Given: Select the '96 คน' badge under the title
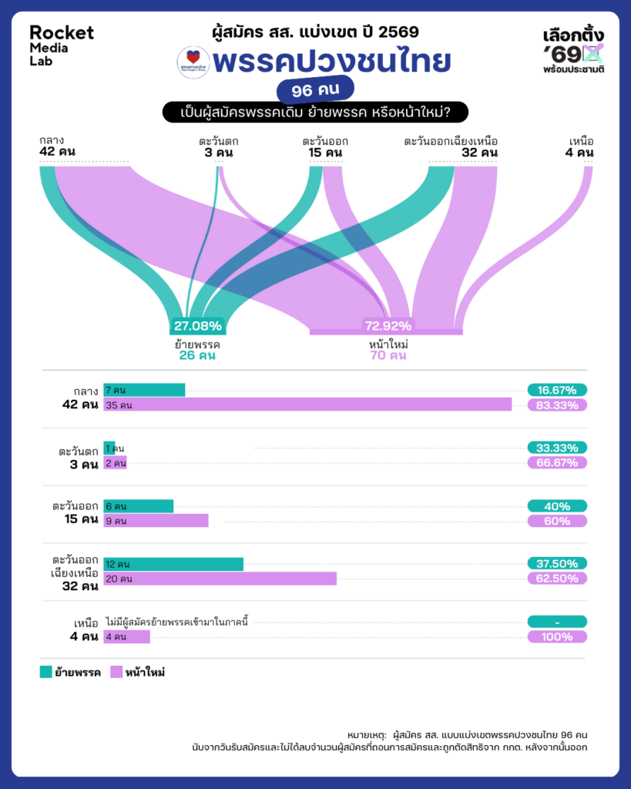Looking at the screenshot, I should coord(315,91).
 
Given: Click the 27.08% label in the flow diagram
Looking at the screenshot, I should coord(197,325).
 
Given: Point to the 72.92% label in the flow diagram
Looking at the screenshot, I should coord(388,325).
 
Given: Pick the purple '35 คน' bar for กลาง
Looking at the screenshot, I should coord(307,405).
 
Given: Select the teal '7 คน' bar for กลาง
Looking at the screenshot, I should coord(144,390).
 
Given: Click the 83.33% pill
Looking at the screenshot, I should coord(557,405).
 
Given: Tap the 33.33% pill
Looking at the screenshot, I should coord(557,448).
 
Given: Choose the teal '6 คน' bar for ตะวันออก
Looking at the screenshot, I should coord(139,506).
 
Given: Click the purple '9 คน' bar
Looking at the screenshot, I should coord(156,521).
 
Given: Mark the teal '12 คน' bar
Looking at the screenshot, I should coord(173,564).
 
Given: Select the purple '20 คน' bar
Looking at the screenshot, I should coord(220,579).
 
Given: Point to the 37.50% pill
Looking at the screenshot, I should coord(557,564).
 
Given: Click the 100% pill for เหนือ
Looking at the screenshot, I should coord(557,636).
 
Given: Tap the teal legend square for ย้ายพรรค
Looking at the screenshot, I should coord(45,672).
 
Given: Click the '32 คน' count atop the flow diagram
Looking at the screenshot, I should coord(478,153).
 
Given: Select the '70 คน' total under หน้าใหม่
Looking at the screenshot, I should coord(388,355).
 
